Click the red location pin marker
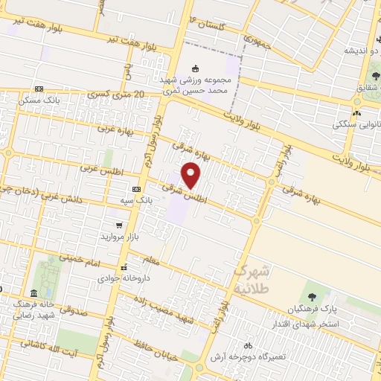click(192, 175)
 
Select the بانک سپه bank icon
click(136, 190)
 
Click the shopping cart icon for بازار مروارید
click(118, 225)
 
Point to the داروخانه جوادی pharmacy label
click(124, 278)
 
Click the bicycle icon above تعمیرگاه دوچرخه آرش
click(248, 345)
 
